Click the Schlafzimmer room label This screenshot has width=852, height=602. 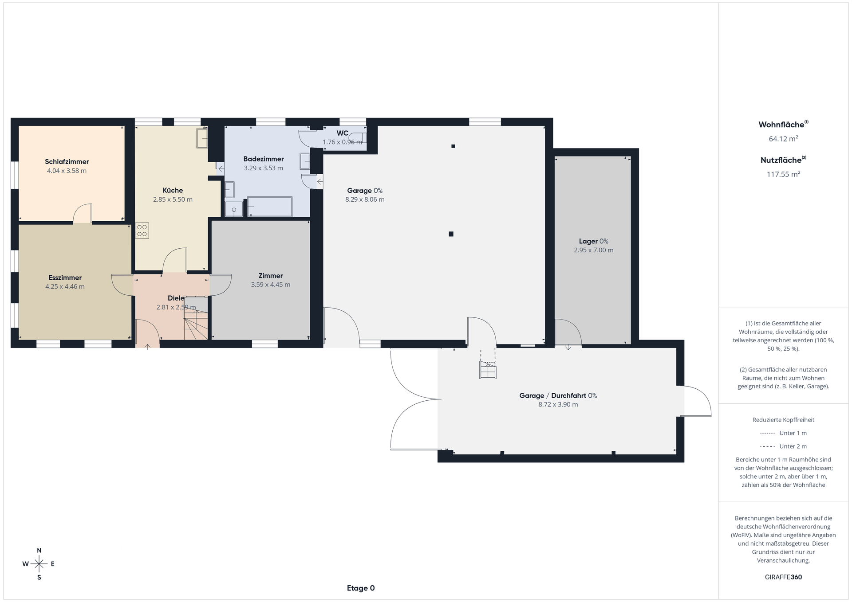(x=67, y=162)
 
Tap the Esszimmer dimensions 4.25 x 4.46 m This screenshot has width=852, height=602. (x=65, y=286)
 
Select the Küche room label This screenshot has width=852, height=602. (x=173, y=190)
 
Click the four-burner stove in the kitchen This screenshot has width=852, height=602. (x=142, y=231)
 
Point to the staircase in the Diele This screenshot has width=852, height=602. (x=196, y=318)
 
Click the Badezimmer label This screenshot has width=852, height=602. (x=264, y=159)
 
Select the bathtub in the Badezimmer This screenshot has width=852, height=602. (x=270, y=207)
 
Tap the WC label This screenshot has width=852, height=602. (x=342, y=133)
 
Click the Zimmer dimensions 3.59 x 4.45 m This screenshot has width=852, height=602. (x=271, y=285)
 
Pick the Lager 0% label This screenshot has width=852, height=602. (x=594, y=241)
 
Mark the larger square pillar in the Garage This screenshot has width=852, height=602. (x=451, y=234)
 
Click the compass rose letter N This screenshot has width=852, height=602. (x=39, y=551)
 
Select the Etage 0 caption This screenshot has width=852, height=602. (x=361, y=588)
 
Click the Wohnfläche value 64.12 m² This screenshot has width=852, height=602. (x=784, y=139)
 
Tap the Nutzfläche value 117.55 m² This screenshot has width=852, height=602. (x=784, y=174)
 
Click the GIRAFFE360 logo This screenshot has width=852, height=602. (x=783, y=577)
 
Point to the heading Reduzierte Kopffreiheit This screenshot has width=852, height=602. (x=783, y=420)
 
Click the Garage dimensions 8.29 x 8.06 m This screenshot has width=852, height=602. (x=365, y=199)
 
